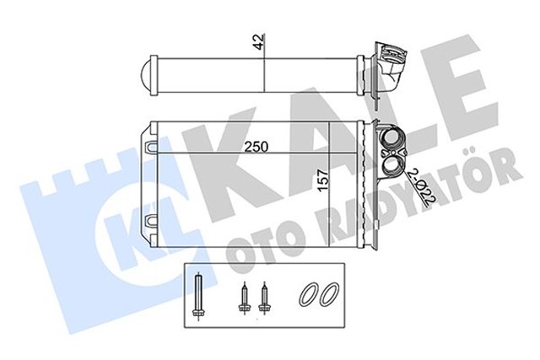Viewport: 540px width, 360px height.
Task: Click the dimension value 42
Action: (x=260, y=42)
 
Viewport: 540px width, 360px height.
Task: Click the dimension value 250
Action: (x=256, y=147)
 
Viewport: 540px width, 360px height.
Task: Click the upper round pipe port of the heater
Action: (x=391, y=138)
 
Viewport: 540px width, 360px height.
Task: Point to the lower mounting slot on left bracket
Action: (x=152, y=221)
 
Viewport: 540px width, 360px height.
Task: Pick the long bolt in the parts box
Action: (x=199, y=296)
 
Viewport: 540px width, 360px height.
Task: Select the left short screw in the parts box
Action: (x=244, y=298)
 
